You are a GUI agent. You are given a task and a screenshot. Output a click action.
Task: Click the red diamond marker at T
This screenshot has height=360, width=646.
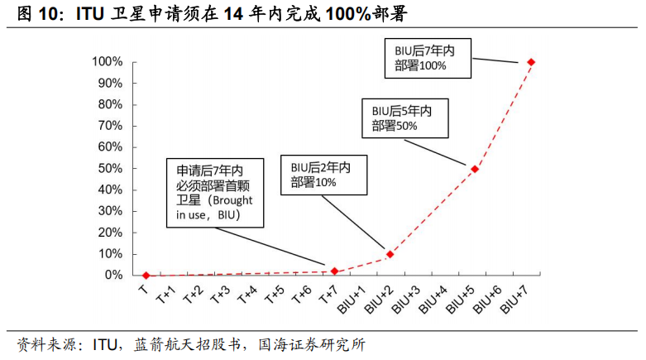pyautogui.click(x=146, y=276)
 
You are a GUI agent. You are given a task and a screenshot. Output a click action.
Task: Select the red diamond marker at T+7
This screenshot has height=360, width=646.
pyautogui.click(x=334, y=271)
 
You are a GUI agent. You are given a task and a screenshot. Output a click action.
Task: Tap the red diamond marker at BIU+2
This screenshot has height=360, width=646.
pyautogui.click(x=390, y=254)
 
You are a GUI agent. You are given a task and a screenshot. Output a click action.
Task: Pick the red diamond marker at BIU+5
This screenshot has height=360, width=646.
pyautogui.click(x=475, y=169)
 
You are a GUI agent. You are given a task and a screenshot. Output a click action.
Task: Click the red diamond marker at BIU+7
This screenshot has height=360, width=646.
pyautogui.click(x=531, y=62)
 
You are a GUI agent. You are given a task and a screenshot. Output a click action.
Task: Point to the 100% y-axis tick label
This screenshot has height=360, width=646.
pyautogui.click(x=108, y=62)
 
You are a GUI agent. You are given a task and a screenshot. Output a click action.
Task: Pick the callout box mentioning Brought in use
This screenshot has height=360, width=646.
pyautogui.click(x=214, y=192)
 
